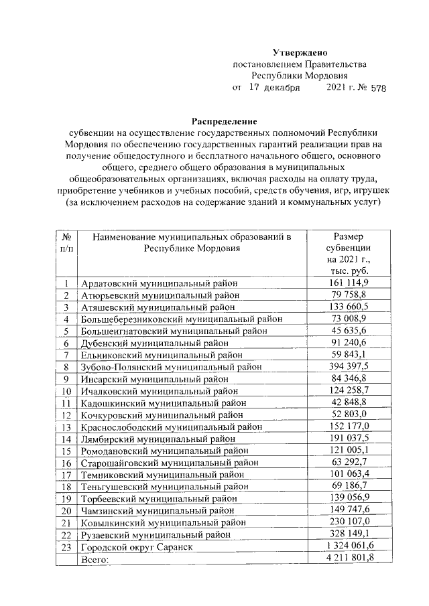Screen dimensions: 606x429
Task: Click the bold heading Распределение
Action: click(225, 121)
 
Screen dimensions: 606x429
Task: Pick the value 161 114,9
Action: click(347, 283)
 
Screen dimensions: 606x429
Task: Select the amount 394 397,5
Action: click(347, 366)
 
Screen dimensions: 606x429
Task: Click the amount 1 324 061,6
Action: click(347, 547)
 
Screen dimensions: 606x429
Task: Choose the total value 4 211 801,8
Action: click(347, 559)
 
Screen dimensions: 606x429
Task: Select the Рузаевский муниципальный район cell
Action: click(156, 535)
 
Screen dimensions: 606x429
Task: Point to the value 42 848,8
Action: click(347, 402)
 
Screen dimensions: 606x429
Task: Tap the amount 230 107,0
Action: click(347, 523)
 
